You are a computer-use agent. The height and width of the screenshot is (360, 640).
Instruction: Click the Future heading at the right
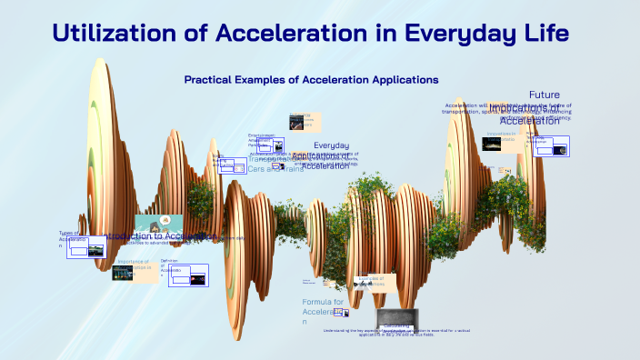pyautogui.click(x=544, y=95)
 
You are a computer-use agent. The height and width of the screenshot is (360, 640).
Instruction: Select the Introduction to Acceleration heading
pyautogui.click(x=159, y=236)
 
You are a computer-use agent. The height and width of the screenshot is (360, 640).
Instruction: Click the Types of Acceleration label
pyautogui.click(x=71, y=238)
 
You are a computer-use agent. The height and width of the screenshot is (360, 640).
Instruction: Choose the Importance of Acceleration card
pyautogui.click(x=136, y=270)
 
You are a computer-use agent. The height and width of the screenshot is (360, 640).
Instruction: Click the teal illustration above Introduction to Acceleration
pyautogui.click(x=159, y=223)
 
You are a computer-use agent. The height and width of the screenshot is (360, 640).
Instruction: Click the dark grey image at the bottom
pyautogui.click(x=396, y=319)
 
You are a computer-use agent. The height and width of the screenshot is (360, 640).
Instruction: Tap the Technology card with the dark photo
pyautogui.click(x=300, y=120)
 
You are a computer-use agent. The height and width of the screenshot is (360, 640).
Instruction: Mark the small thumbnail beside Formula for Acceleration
pyautogui.click(x=340, y=313)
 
